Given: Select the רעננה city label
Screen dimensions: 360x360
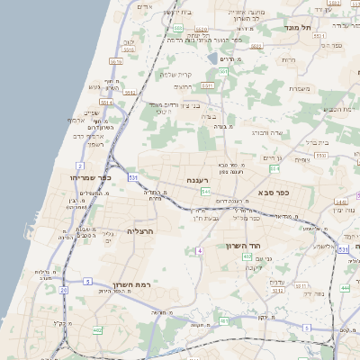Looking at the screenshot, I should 199,181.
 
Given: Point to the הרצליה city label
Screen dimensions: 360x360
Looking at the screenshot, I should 141,231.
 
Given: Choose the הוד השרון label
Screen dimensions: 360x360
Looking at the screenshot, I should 244,245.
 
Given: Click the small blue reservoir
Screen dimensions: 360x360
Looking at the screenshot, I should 211,58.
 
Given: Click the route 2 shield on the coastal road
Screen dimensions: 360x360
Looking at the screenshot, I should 80,166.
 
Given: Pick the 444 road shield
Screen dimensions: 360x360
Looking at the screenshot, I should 345,288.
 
